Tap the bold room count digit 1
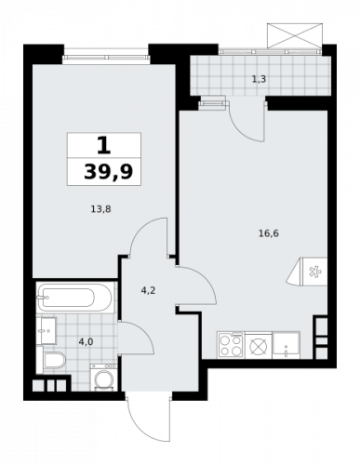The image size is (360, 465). (103, 145)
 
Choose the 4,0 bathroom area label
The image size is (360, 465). (85, 342)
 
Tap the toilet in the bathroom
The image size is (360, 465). (52, 360)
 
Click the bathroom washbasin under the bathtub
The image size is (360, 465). (47, 327)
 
